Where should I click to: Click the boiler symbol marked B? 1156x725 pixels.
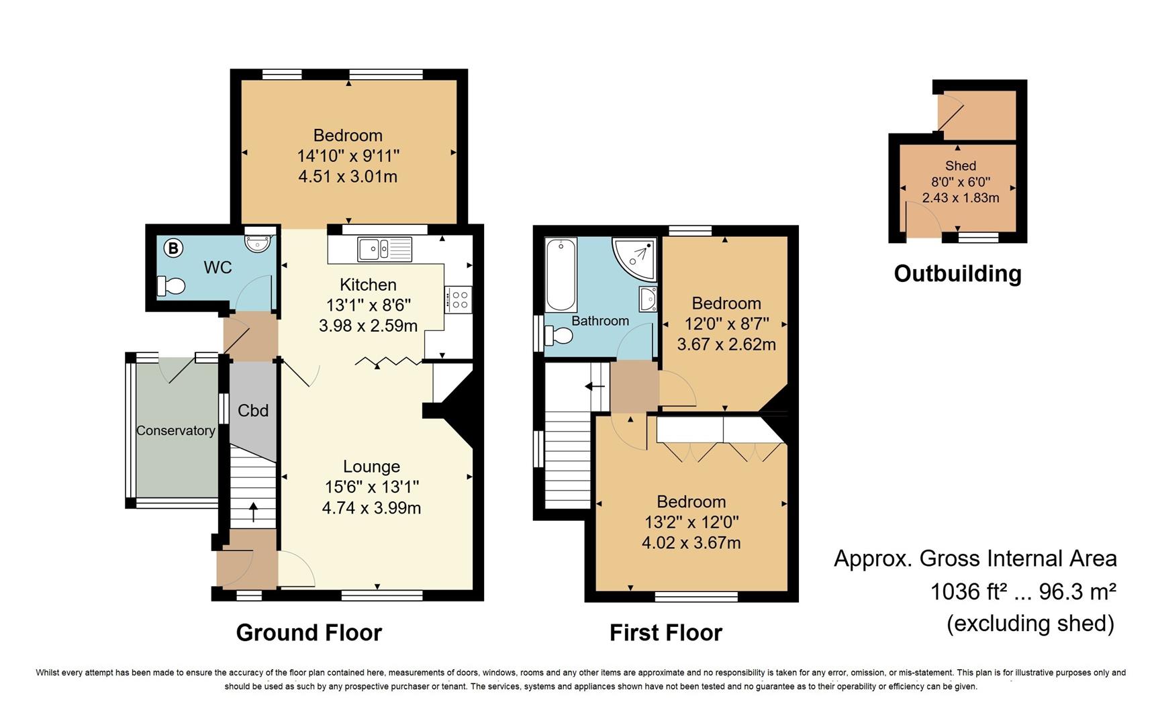tap(173, 248)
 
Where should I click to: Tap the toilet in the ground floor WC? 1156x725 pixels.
tap(171, 287)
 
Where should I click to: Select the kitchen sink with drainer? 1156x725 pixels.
tap(385, 249)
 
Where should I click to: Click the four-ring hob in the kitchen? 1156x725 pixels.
tap(459, 299)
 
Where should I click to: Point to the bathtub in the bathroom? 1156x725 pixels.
tap(561, 275)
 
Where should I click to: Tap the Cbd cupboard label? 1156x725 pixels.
tap(253, 410)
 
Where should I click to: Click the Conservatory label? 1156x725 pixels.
tap(176, 431)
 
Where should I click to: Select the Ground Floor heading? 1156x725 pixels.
tap(309, 632)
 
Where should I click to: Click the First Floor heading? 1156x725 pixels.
tap(665, 632)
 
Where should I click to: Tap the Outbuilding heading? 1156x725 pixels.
tap(957, 273)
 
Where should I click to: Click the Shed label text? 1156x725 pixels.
tap(961, 166)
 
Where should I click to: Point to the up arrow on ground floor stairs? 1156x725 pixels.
tap(253, 512)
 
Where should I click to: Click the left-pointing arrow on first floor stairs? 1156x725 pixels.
tap(594, 387)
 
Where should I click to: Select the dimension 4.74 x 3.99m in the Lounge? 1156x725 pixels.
tap(371, 508)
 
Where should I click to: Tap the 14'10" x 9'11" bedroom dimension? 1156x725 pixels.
tap(348, 156)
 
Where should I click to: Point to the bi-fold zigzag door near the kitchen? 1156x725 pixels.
tap(388, 362)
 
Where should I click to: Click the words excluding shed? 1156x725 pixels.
tap(1030, 624)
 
